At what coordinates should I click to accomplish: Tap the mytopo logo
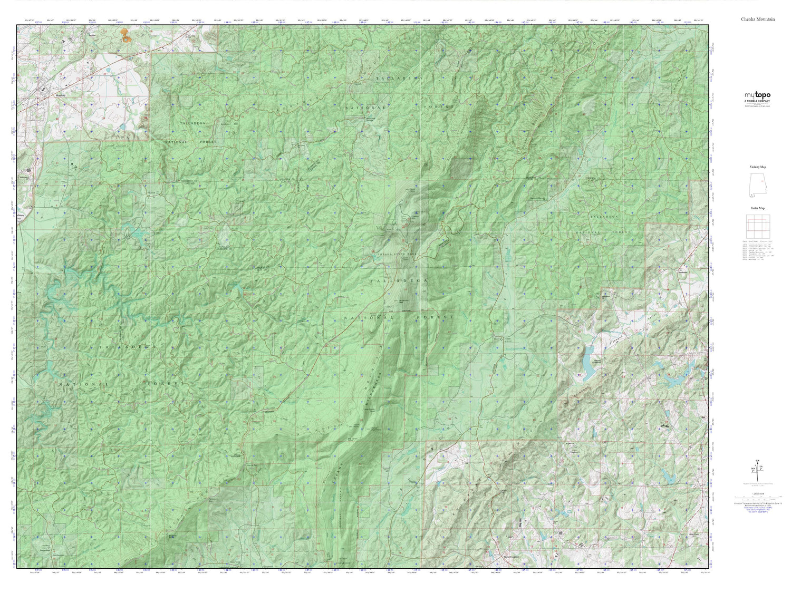click(x=757, y=95)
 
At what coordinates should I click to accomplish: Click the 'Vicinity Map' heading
click(x=758, y=167)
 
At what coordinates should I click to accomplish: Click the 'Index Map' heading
click(x=758, y=208)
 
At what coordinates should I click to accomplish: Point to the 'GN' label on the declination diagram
click(x=758, y=461)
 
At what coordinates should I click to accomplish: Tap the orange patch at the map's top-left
click(x=124, y=35)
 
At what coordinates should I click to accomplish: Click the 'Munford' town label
click(x=60, y=96)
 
